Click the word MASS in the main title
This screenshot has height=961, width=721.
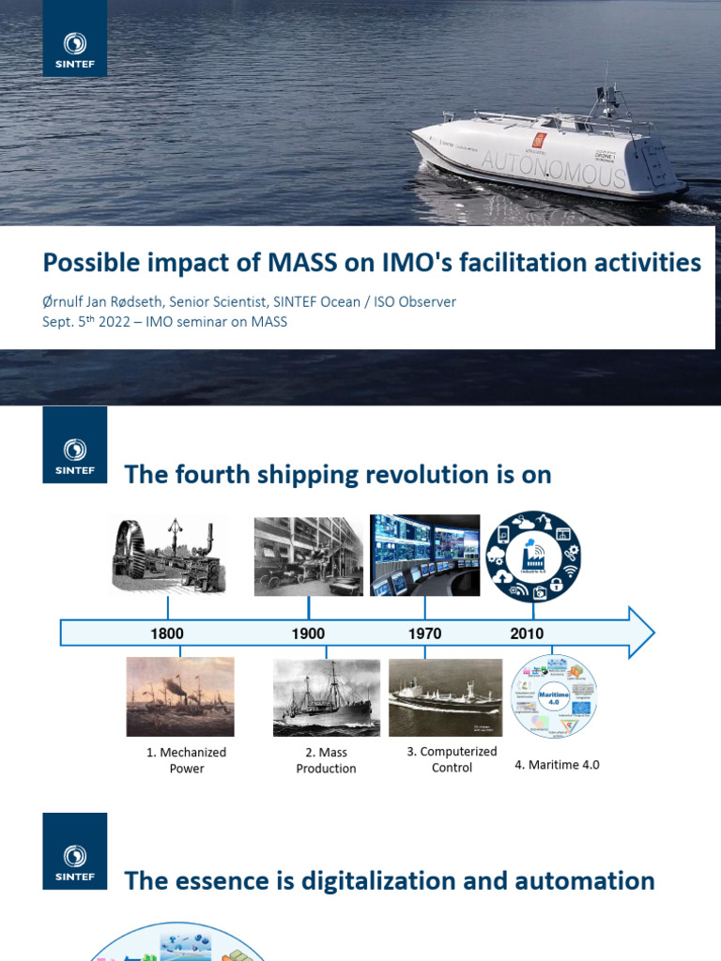click(x=302, y=263)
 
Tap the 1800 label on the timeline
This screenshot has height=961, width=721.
click(x=167, y=633)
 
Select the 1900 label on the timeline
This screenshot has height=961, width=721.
click(x=308, y=633)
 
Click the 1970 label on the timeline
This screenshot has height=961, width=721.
click(x=424, y=633)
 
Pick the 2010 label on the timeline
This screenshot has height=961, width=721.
click(x=527, y=633)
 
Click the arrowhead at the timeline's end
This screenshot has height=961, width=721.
click(x=640, y=633)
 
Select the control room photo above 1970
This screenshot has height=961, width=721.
click(x=424, y=555)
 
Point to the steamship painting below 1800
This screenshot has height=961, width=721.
click(x=180, y=696)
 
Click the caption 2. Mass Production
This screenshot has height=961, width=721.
click(x=326, y=760)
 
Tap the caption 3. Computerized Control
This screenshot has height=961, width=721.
click(x=452, y=759)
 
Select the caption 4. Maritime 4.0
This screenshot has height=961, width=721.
click(x=557, y=765)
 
